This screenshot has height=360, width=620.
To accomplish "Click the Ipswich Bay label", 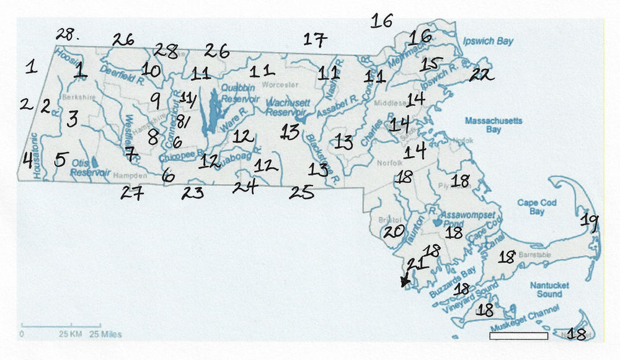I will click(489, 42).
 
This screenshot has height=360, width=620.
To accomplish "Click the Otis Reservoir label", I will click(90, 167).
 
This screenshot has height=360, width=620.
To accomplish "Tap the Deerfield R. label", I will click(123, 75).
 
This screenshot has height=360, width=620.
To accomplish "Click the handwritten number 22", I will click(479, 75).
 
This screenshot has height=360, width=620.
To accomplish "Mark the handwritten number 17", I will click(314, 41).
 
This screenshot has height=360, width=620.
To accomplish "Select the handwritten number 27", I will click(132, 193).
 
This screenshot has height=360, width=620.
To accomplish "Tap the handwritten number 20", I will click(394, 232).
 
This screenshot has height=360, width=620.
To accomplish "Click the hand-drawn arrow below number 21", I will click(405, 281).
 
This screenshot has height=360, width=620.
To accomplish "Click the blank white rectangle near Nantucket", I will click(518, 336).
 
